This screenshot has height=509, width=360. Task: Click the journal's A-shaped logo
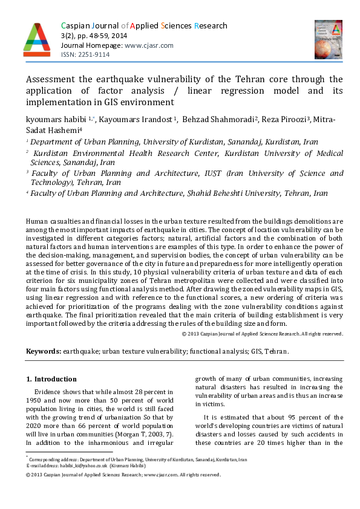[x=36, y=38]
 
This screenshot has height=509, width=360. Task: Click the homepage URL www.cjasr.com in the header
[x=149, y=45]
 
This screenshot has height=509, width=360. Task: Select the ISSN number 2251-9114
[x=94, y=54]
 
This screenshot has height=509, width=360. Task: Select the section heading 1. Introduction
[x=51, y=379]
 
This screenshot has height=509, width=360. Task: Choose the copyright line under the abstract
[x=263, y=334]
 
